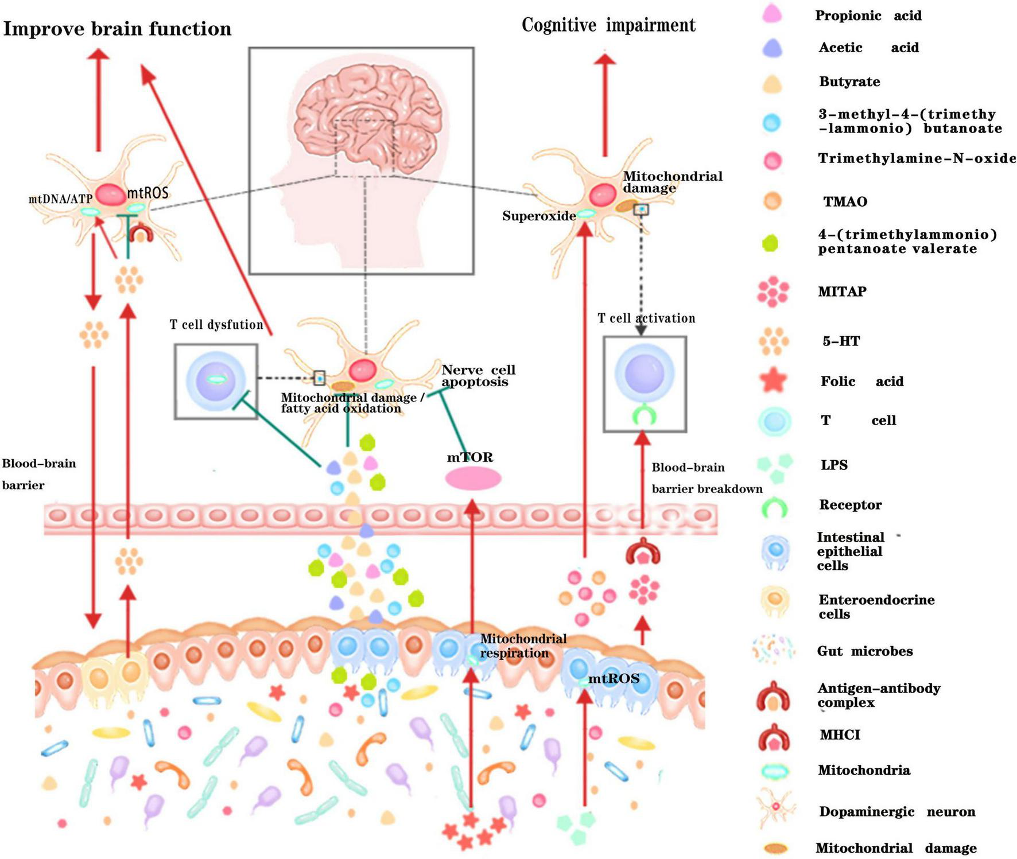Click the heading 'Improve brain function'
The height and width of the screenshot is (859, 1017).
click(117, 29)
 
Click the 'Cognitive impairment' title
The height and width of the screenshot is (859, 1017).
click(608, 25)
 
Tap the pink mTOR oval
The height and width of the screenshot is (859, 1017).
click(473, 479)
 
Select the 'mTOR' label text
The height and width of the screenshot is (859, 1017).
click(470, 457)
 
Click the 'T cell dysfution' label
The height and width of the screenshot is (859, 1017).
click(216, 325)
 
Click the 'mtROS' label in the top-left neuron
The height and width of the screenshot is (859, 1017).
click(148, 192)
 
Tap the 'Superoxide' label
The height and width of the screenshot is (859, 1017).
click(538, 216)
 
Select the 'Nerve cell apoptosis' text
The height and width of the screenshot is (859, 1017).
click(478, 376)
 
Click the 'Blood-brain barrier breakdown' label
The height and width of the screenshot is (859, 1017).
click(706, 478)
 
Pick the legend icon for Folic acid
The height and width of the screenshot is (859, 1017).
click(773, 381)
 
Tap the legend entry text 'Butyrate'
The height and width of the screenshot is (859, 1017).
click(849, 81)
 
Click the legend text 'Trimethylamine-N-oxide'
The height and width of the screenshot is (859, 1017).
click(917, 158)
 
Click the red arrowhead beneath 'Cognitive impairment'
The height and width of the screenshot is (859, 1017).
click(604, 58)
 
